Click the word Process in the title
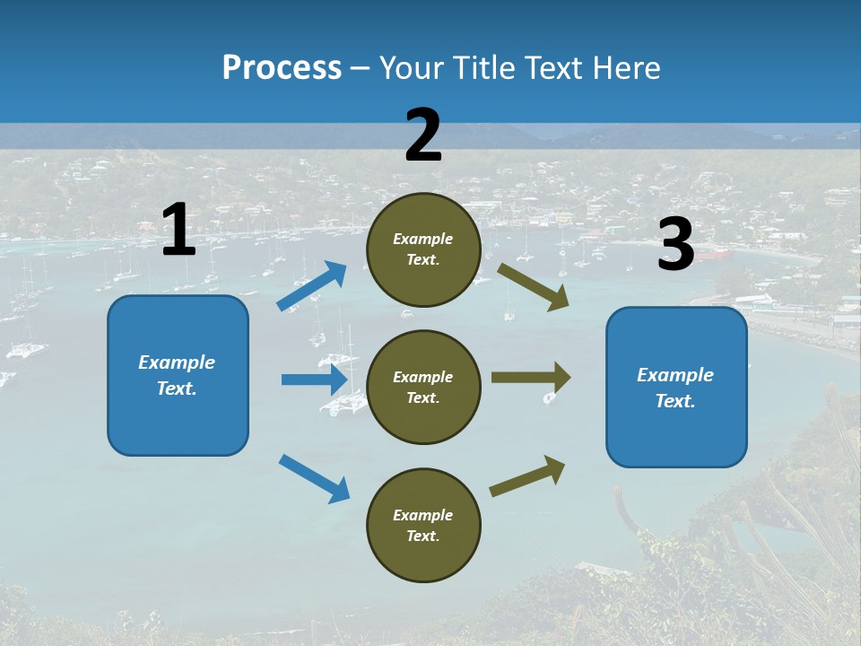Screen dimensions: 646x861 282,68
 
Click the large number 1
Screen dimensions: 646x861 178,231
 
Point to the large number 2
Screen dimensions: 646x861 423,135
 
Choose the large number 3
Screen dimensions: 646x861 675,245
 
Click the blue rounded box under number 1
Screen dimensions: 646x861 178,375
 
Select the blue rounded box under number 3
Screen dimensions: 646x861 676,387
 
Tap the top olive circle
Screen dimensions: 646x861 423,249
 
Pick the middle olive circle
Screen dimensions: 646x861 423,387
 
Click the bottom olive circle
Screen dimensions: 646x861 423,525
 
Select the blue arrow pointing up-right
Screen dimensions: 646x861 312,286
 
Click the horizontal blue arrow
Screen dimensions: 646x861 315,380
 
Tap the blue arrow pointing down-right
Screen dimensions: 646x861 315,478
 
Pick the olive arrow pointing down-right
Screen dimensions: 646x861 534,286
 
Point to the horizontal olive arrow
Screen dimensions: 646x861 531,378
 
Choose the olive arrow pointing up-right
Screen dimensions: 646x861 528,476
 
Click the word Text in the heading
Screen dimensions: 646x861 556,68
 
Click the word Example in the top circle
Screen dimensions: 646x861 423,239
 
